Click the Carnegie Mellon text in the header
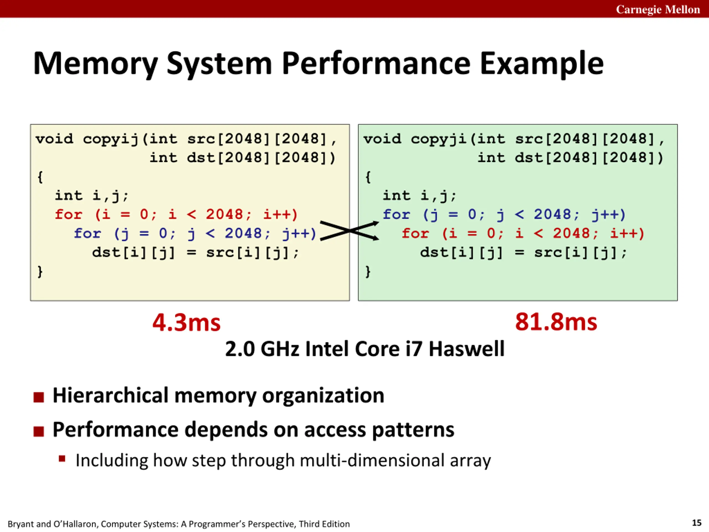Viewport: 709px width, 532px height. pos(658,10)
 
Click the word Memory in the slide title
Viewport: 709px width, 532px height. pos(96,64)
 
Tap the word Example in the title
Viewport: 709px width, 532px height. pos(541,64)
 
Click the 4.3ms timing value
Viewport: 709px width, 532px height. pos(187,322)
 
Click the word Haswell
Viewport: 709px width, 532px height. pos(467,349)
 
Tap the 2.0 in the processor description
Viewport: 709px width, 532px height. pos(240,349)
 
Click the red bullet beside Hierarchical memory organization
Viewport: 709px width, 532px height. pos(38,397)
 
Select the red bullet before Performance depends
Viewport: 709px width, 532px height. pos(38,431)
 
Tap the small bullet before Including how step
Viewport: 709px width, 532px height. pos(62,459)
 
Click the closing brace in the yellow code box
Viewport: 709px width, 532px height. pos(40,272)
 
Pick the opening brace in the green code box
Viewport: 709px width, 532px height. pos(368,177)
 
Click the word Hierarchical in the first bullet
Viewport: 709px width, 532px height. pos(111,395)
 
